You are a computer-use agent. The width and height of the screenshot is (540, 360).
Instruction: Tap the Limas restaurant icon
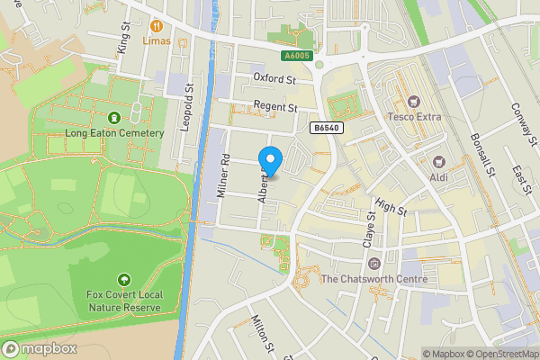pyautogui.click(x=157, y=26)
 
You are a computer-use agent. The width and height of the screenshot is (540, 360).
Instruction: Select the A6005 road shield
pyautogui.click(x=298, y=56)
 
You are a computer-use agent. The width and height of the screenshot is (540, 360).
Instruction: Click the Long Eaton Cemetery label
pyautogui.click(x=114, y=133)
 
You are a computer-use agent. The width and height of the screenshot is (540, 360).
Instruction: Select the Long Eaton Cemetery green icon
pyautogui.click(x=114, y=118)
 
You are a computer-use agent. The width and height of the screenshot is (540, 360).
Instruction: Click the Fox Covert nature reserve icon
pyautogui.click(x=123, y=281)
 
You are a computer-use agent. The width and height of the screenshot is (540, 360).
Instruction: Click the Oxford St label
pyautogui.click(x=274, y=79)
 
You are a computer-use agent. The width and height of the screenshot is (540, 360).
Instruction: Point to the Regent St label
pyautogui.click(x=274, y=107)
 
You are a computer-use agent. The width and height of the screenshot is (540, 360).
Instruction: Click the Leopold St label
pyautogui.click(x=187, y=107)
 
